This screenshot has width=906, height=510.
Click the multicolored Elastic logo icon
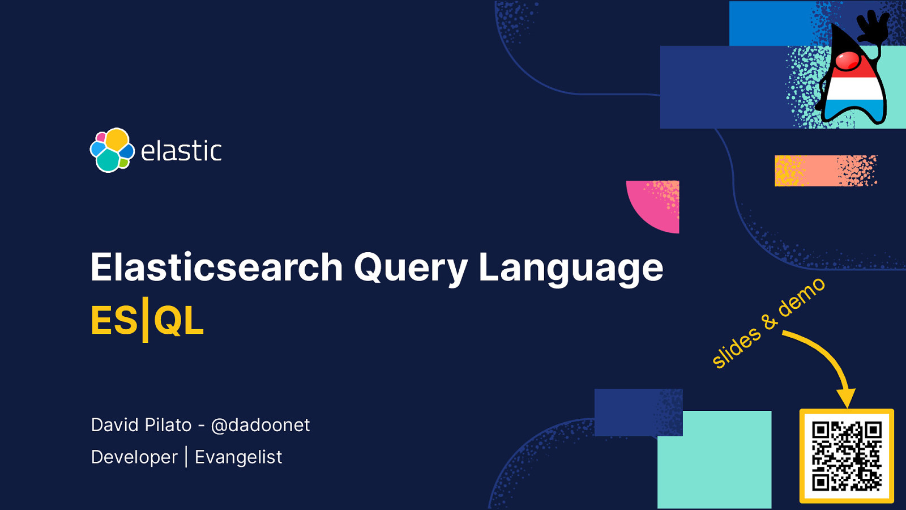pyautogui.click(x=112, y=150)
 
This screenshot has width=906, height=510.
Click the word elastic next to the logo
pyautogui.click(x=181, y=151)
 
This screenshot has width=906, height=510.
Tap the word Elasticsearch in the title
pyautogui.click(x=217, y=267)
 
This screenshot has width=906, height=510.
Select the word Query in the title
pyautogui.click(x=411, y=267)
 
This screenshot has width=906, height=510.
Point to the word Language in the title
pyautogui.click(x=570, y=267)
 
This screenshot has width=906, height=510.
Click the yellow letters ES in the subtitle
pyautogui.click(x=114, y=321)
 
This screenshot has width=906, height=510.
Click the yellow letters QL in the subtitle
pyautogui.click(x=178, y=321)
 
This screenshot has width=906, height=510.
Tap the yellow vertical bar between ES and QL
pyautogui.click(x=145, y=320)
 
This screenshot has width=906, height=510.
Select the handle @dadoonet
pyautogui.click(x=260, y=425)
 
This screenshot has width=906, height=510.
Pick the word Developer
pyautogui.click(x=134, y=457)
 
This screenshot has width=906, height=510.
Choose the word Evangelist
pyautogui.click(x=238, y=457)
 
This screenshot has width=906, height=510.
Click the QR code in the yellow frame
pyautogui.click(x=847, y=456)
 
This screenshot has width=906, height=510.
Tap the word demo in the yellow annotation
pyautogui.click(x=801, y=297)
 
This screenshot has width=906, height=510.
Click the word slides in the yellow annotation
pyautogui.click(x=736, y=347)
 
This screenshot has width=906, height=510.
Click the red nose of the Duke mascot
pyautogui.click(x=848, y=60)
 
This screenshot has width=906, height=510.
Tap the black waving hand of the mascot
pyautogui.click(x=873, y=26)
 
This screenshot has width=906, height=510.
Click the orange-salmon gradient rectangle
pyautogui.click(x=825, y=171)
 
